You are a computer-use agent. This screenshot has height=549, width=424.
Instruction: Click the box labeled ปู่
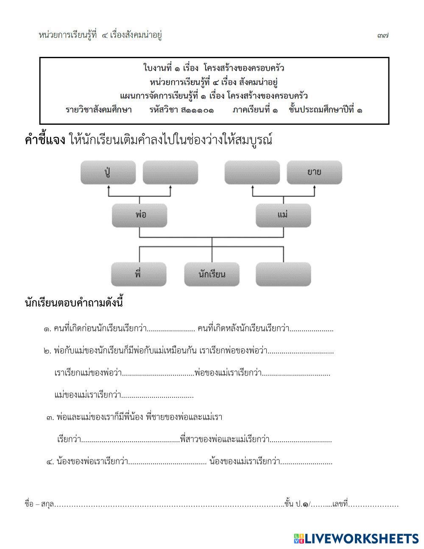click(108, 172)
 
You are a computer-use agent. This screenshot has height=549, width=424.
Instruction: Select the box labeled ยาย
click(314, 172)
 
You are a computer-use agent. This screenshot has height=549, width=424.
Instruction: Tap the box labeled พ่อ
click(139, 215)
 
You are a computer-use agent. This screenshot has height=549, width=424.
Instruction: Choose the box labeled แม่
click(283, 215)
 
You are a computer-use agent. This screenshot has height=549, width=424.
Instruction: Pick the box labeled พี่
click(139, 274)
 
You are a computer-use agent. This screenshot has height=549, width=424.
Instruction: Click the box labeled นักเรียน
click(212, 274)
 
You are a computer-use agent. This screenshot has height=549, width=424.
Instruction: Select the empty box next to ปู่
click(170, 172)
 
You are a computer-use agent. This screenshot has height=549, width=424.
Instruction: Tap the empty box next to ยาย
click(252, 172)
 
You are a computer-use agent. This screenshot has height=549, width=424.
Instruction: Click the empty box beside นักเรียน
click(283, 274)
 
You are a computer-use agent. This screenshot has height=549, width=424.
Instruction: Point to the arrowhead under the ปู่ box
click(109, 187)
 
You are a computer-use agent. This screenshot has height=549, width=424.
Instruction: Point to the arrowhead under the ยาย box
click(315, 187)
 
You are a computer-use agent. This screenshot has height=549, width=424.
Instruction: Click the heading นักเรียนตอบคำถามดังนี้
click(74, 304)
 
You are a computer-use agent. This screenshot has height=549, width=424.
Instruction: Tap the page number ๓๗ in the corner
click(382, 36)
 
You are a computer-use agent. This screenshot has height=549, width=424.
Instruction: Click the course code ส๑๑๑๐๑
click(197, 110)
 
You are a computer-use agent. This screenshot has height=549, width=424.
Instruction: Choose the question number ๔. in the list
click(50, 462)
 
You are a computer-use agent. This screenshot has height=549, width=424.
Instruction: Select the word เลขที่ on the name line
click(340, 504)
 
